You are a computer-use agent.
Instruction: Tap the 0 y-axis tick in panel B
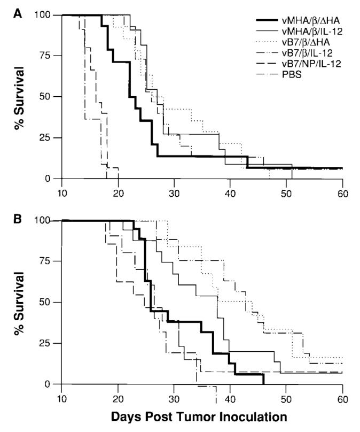(50, 384)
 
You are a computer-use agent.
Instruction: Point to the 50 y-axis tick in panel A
(48, 97)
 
